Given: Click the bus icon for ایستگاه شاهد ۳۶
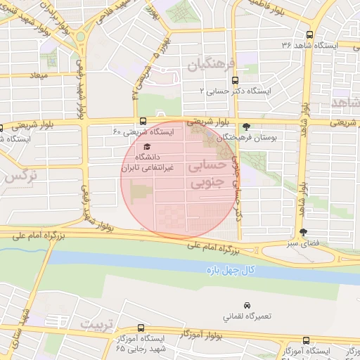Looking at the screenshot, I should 310,34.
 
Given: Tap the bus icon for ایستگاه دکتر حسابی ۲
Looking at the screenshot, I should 234,80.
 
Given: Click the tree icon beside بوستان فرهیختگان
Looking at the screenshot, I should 245,127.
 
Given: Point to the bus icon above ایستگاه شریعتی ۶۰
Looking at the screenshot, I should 143,121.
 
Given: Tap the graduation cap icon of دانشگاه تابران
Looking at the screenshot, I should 146,146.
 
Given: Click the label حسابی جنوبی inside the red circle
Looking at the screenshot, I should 207,173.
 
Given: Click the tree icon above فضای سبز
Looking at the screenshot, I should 303,232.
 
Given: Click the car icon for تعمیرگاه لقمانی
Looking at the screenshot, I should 246,306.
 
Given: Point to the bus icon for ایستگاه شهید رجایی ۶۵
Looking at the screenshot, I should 141,328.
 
